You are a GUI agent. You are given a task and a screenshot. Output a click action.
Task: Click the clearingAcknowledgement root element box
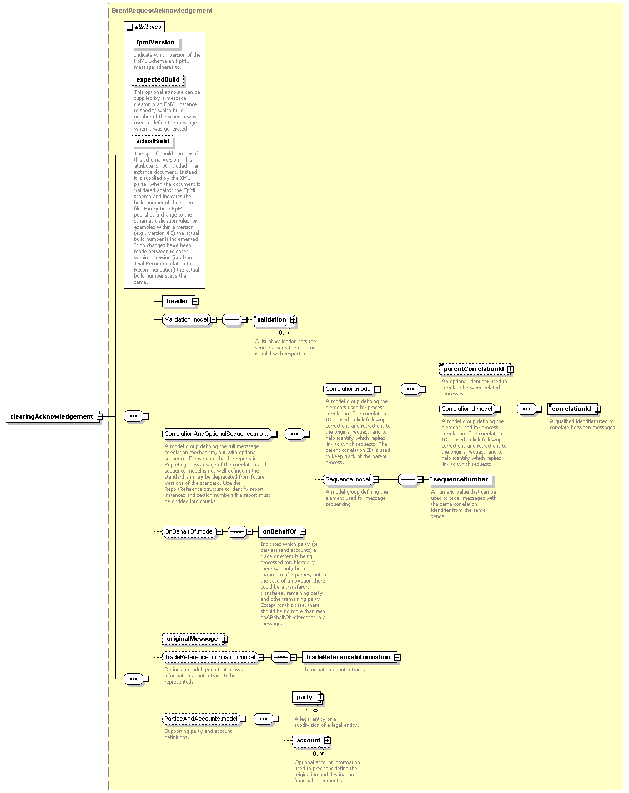point(53,416)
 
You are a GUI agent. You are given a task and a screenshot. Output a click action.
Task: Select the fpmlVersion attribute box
point(155,42)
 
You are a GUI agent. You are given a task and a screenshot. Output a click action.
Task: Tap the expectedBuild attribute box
point(158,79)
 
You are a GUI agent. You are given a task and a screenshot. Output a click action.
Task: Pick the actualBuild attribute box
point(153,141)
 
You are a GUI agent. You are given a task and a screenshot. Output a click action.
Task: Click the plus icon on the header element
point(195,301)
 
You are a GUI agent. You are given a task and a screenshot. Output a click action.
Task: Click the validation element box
point(274,319)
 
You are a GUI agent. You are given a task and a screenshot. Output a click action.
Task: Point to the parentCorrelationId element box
point(476,369)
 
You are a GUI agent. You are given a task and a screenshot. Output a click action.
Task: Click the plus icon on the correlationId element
point(598,409)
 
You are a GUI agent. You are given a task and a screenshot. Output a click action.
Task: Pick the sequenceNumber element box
point(460,479)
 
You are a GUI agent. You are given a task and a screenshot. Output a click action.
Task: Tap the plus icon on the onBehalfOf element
point(303,532)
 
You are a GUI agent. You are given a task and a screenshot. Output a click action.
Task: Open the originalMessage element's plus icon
point(225,639)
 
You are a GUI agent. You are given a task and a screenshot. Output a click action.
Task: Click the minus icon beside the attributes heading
point(130,27)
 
